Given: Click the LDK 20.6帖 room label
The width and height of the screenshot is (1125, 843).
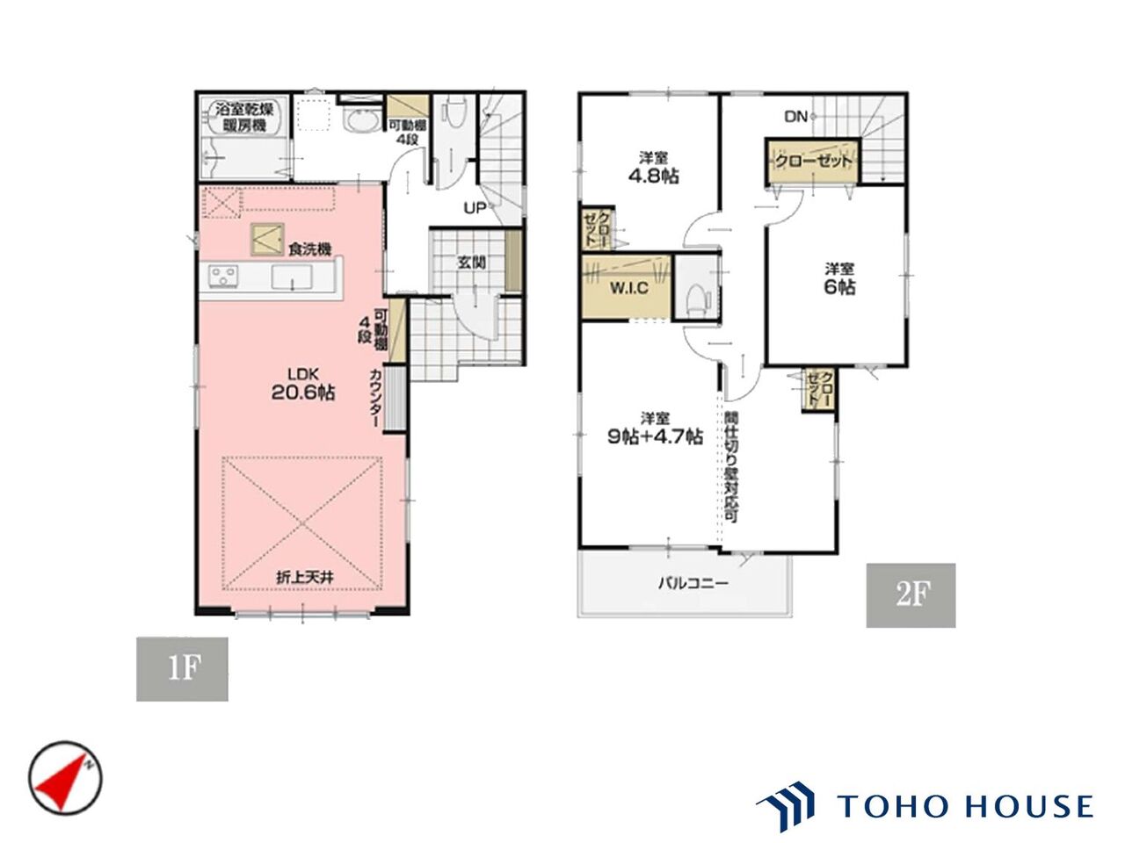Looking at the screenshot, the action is click(x=303, y=384).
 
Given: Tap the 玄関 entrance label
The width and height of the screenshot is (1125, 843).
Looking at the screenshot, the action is click(x=471, y=263).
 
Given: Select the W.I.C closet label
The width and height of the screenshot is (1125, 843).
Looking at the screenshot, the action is click(x=629, y=288).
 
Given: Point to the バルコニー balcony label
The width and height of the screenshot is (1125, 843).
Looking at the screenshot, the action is click(x=693, y=583).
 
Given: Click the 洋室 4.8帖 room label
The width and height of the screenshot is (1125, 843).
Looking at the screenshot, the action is click(x=654, y=168).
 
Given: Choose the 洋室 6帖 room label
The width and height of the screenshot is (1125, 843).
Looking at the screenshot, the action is click(x=839, y=278).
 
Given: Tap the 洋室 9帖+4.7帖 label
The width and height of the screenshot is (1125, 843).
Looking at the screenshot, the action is click(x=655, y=428).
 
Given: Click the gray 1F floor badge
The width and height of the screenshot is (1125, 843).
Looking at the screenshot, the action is click(x=182, y=668).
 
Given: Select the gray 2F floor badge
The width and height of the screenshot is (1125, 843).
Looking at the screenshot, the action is click(x=911, y=595).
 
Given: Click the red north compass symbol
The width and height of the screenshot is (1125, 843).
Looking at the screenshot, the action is click(x=65, y=778).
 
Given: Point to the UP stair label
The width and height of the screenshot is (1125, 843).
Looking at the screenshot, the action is click(x=475, y=208).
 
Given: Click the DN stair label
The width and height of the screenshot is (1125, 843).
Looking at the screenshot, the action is click(x=796, y=117).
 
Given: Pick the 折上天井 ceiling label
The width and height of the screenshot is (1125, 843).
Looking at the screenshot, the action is click(x=305, y=577).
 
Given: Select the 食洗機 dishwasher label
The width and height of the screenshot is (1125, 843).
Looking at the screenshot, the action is click(x=309, y=249).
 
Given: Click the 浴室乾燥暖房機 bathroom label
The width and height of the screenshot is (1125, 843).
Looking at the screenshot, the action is click(x=245, y=117).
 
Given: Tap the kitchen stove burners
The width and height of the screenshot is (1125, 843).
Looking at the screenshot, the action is click(x=223, y=276).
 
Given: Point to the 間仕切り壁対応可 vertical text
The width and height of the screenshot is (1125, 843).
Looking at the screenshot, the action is click(x=731, y=466).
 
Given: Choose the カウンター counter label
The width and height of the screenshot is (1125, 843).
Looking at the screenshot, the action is click(x=374, y=398).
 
